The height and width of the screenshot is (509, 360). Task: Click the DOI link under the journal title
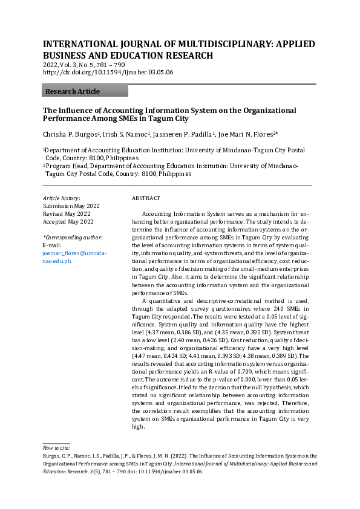coord(108,72)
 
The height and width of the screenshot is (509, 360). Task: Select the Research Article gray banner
coord(85,91)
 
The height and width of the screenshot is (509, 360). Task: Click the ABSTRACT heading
coord(146,198)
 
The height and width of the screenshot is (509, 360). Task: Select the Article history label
coord(61,198)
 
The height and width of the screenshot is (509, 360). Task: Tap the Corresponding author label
coord(73,238)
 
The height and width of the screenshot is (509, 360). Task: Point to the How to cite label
coord(56,447)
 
